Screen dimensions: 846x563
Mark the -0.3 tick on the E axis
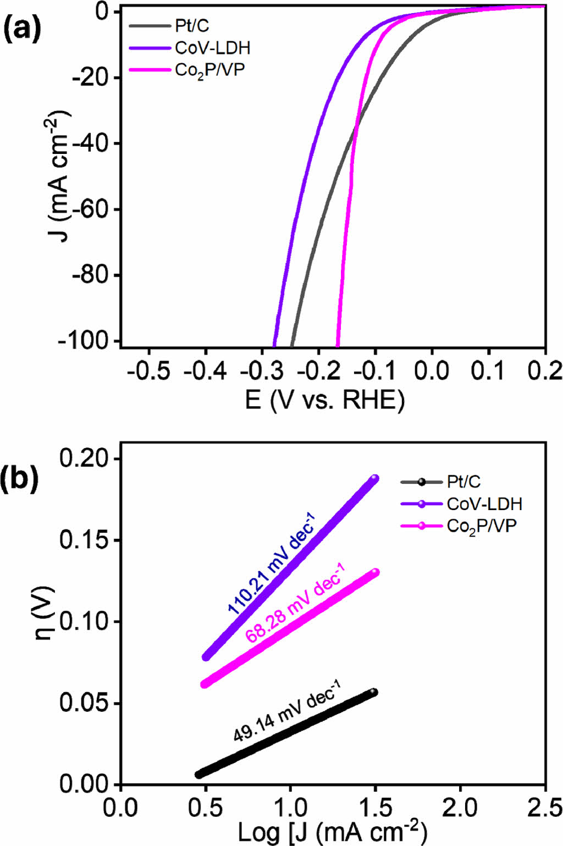pos(262,371)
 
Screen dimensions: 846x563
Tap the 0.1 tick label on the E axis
pos(488,371)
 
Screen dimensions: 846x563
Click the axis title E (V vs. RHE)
pos(325,400)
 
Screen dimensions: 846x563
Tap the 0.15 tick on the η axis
pos(82,540)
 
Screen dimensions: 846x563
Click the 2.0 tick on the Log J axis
pos(460,808)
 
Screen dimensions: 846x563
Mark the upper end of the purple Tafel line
pos(375,478)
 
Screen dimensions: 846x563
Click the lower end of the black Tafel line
pos(199,774)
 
